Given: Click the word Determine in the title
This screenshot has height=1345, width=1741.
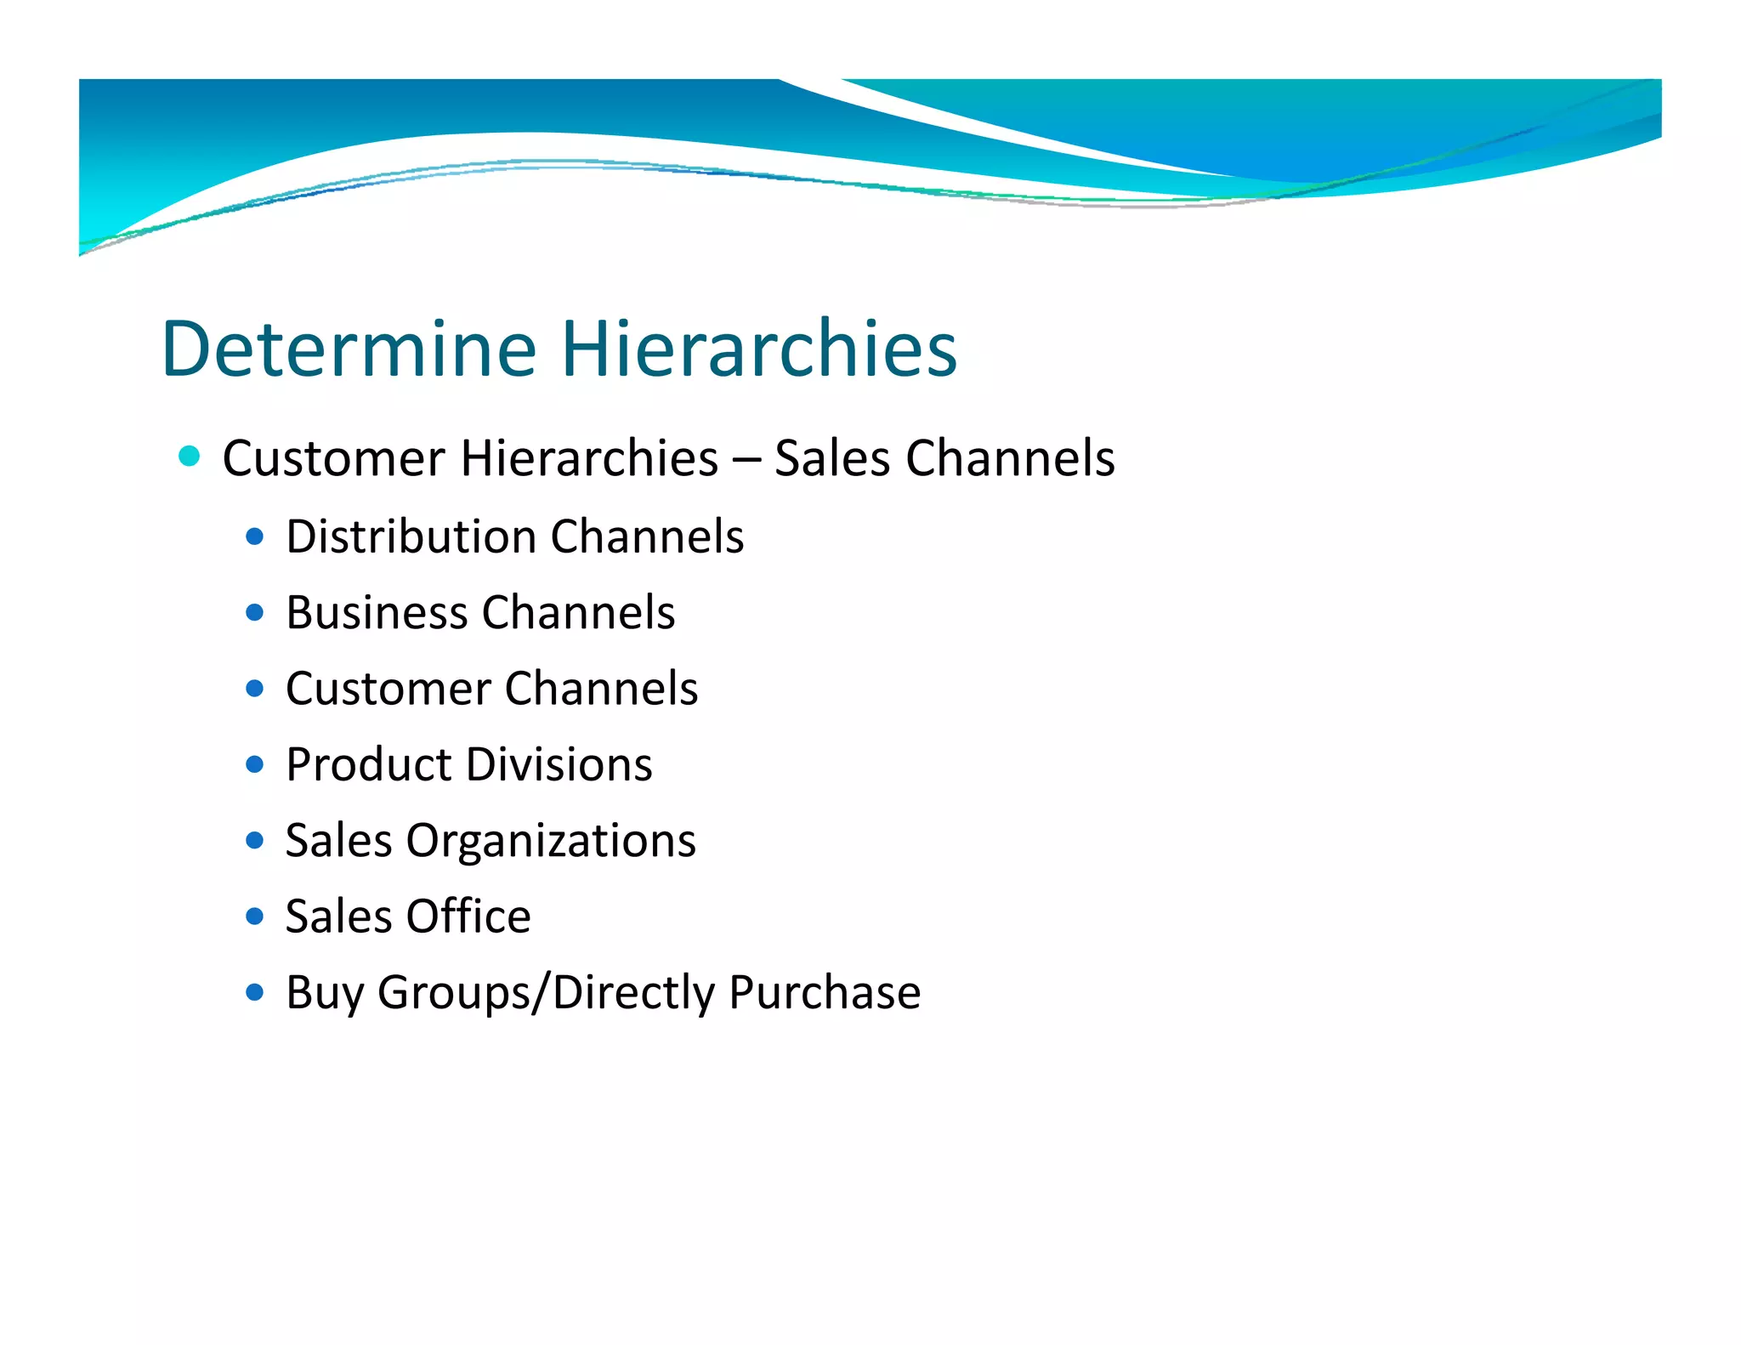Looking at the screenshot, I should (x=349, y=349).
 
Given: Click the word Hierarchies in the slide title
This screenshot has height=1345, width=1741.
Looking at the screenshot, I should (x=758, y=349).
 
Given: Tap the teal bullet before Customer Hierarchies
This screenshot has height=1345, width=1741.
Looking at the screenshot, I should (x=190, y=457).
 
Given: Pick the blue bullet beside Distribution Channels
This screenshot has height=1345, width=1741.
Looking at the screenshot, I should (x=254, y=536).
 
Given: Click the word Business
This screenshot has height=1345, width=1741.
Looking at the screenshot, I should (x=377, y=613).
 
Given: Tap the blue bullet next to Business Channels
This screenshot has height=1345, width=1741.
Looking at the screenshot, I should (x=254, y=612).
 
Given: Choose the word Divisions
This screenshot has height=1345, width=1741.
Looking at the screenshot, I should (x=560, y=764).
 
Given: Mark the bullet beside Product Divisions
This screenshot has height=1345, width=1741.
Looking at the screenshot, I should (x=254, y=764).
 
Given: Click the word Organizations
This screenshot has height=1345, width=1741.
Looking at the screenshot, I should (x=551, y=842).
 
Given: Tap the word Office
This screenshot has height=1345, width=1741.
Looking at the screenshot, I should (x=468, y=917).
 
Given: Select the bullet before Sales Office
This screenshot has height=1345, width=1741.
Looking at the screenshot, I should (x=254, y=917).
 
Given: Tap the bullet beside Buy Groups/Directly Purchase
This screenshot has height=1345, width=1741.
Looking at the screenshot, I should (x=254, y=991).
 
